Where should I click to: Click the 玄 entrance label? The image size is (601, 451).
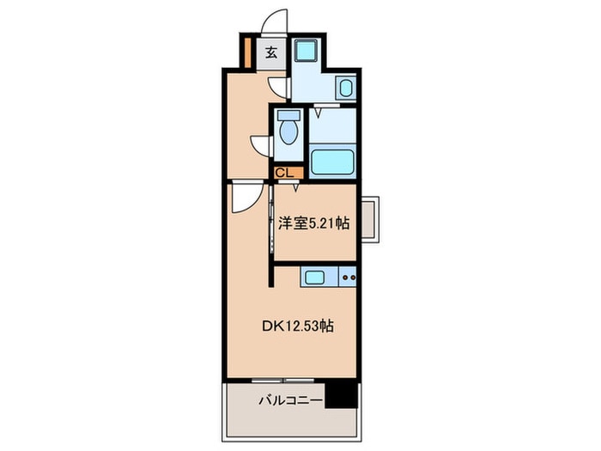[x=270, y=52]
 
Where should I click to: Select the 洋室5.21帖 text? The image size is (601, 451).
[x=313, y=222]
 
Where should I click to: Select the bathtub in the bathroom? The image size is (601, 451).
[x=331, y=162]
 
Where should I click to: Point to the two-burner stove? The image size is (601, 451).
[x=348, y=277]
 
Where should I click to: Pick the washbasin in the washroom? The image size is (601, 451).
[x=345, y=88]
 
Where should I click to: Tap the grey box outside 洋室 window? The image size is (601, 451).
[x=369, y=218]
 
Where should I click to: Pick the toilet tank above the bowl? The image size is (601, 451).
[x=288, y=116]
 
